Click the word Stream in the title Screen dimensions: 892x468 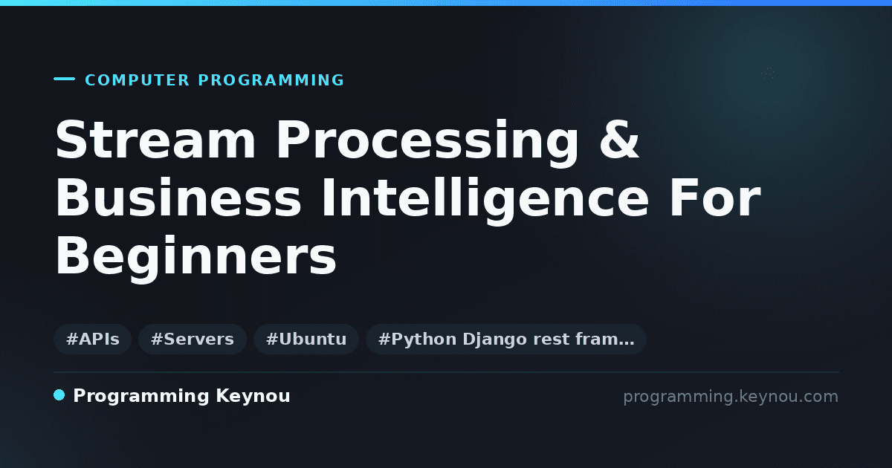(155, 140)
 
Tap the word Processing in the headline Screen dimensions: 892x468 (427, 143)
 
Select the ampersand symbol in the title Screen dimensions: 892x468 (619, 140)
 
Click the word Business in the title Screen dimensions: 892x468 (178, 198)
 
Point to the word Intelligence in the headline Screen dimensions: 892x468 (485, 201)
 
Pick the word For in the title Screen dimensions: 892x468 (715, 198)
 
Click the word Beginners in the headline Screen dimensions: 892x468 (196, 259)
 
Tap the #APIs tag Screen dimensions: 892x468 (92, 339)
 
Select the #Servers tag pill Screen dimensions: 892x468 (193, 339)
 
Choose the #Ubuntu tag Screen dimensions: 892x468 (306, 339)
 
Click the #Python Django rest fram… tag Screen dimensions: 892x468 (505, 339)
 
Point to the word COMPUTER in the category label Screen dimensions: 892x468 (137, 80)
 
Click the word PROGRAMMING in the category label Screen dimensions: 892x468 (271, 80)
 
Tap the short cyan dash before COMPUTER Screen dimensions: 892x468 (64, 79)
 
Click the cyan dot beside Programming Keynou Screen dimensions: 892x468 (59, 395)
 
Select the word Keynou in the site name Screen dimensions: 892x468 (253, 397)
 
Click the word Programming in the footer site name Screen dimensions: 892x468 (141, 397)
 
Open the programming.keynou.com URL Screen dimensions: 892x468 (731, 397)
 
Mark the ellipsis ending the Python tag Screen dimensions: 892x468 (626, 343)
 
